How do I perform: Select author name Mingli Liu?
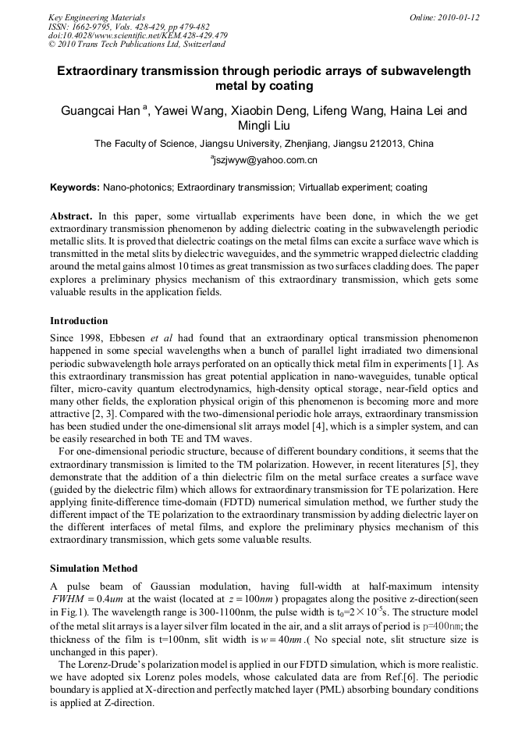(264, 126)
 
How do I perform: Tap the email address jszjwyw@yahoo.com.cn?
(264, 160)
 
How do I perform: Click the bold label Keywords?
(74, 187)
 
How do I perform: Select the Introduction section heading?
(79, 321)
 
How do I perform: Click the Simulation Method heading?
(94, 568)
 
